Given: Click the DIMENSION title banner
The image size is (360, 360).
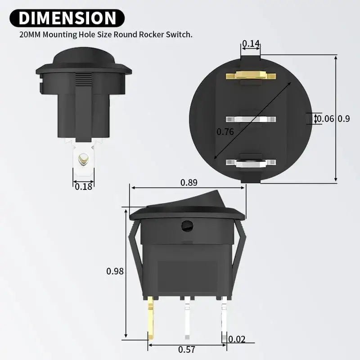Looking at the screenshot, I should pos(67,18).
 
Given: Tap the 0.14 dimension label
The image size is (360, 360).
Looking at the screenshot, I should pos(251,44).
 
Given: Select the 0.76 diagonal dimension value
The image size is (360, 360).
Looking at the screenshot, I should pos(225,132).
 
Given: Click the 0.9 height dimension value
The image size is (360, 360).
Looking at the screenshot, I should pos(344,119).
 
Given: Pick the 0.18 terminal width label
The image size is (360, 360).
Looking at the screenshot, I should pos(83,186).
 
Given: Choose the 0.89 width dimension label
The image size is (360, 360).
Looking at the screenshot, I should pos(188,182).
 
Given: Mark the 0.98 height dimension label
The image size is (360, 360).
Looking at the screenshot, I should pos(115,271).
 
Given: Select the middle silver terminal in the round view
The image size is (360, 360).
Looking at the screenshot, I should pos(250,119).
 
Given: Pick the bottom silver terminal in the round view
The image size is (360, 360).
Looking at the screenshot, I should pos(250,163).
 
